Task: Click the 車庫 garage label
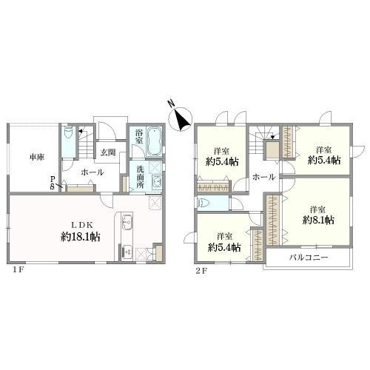coord(37,157)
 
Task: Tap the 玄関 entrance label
coord(108,152)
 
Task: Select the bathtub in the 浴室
coord(155,141)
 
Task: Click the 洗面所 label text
coord(140,177)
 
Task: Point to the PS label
coord(53,183)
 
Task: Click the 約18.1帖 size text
coord(80,237)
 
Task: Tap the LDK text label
coord(82,225)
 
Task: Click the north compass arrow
coord(183,120)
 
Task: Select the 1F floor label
coord(18,270)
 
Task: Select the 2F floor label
coord(201,271)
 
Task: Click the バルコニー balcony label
coord(309,258)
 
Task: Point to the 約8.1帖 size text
coord(318,220)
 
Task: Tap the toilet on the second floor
coord(203,203)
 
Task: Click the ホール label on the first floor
coord(92,172)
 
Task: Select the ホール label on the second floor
coord(263,177)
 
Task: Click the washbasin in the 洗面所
coord(157,183)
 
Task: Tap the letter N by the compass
coord(172,104)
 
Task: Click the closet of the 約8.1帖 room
coord(274,220)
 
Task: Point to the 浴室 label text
coord(139,137)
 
